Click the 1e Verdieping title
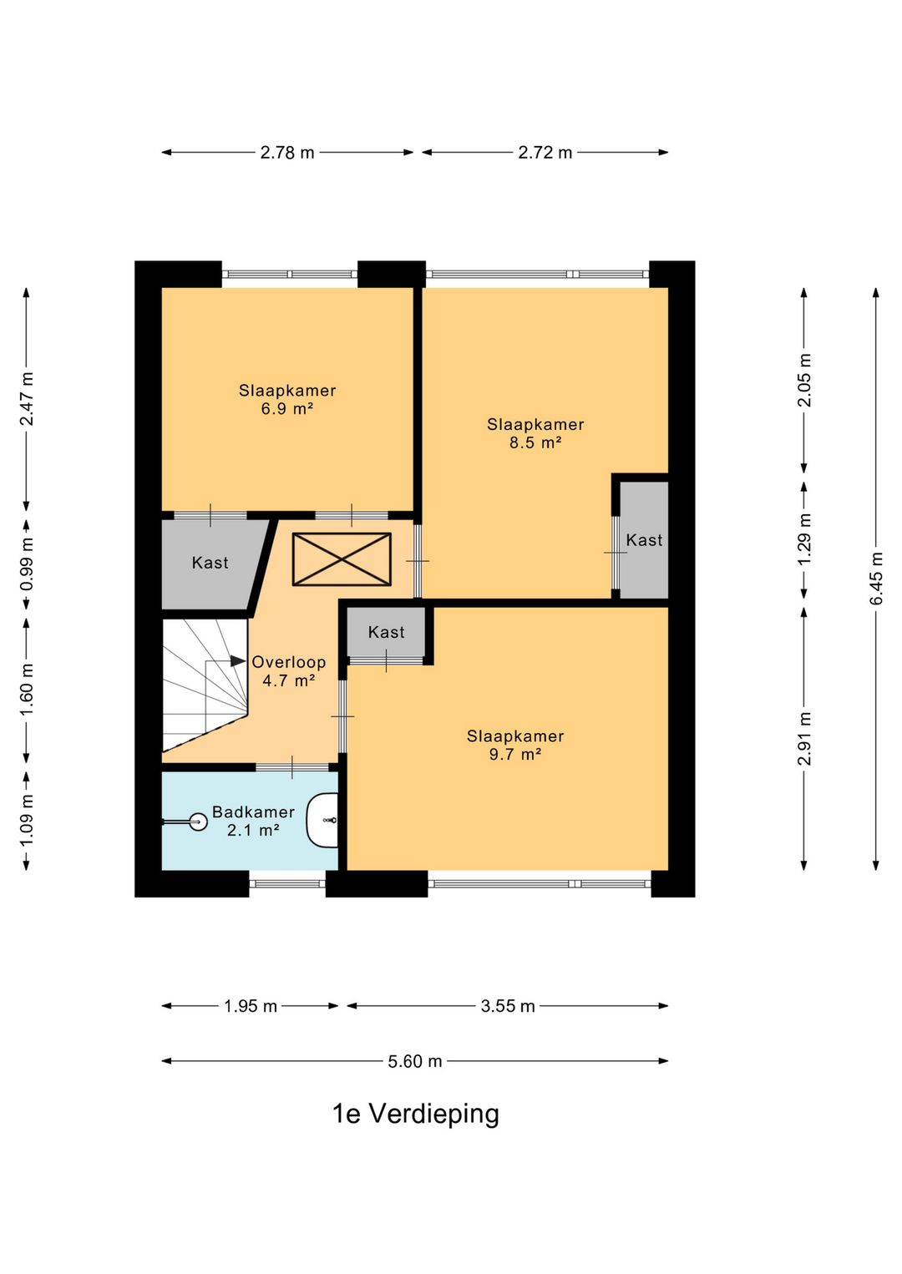(x=415, y=1114)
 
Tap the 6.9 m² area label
(x=287, y=408)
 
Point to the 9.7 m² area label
(x=515, y=754)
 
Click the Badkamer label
(x=253, y=811)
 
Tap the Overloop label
(x=288, y=662)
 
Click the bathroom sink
(x=322, y=820)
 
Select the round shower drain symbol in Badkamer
(x=198, y=822)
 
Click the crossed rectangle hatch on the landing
(x=342, y=559)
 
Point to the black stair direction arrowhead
(x=238, y=661)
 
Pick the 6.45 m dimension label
(x=876, y=578)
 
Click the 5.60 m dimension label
(x=415, y=1061)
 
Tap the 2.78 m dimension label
(x=287, y=153)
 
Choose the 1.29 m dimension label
(x=804, y=539)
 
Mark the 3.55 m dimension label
(x=508, y=1006)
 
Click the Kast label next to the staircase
(x=210, y=563)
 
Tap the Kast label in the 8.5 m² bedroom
(x=644, y=540)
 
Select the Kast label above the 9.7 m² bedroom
(x=387, y=632)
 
